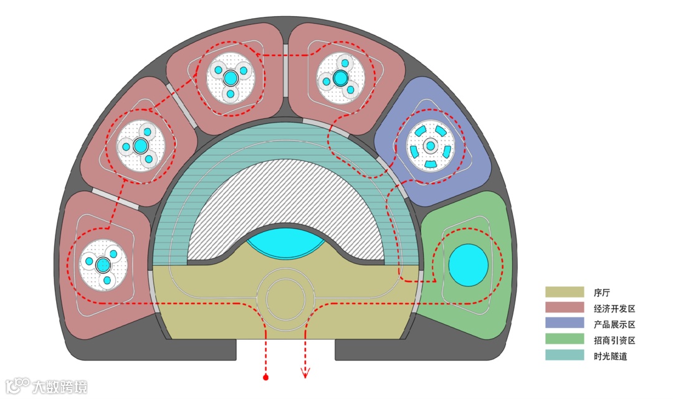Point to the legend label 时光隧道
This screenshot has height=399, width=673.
[x=611, y=357]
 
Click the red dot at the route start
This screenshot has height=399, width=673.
[x=266, y=377]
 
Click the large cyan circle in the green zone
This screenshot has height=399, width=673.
[x=468, y=265]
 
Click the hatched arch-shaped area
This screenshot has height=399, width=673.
[x=287, y=199]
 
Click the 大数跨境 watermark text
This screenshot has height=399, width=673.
[x=60, y=386]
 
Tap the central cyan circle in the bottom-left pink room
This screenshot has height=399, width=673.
[x=103, y=265]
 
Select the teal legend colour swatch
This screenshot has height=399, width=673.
[x=565, y=356]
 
